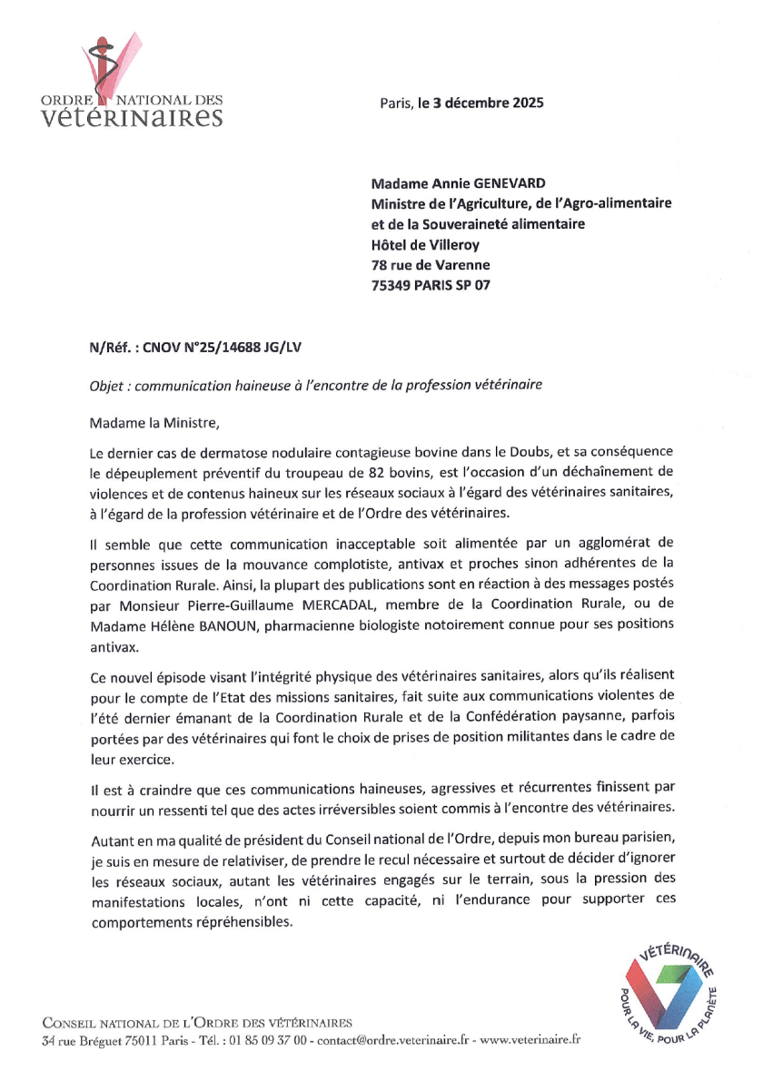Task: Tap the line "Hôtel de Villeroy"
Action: pos(425,244)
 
